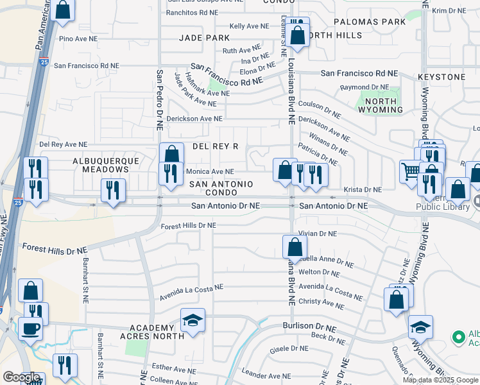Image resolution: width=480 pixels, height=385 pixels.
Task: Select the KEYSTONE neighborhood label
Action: [x=441, y=77]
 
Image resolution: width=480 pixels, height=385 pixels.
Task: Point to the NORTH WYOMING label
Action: [x=381, y=105]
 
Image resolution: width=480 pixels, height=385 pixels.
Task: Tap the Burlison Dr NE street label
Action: [x=309, y=327]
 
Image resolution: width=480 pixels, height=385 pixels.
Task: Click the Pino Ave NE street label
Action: [x=76, y=39]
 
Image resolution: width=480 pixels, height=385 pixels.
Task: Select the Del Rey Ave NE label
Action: [x=63, y=145]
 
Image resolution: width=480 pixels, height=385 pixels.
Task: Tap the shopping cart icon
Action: [x=410, y=170]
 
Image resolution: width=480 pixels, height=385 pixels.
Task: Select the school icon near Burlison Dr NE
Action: [x=193, y=320]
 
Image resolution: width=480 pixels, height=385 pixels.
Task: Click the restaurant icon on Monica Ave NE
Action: [x=171, y=173]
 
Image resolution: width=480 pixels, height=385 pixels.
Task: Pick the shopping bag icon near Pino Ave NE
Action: [x=63, y=10]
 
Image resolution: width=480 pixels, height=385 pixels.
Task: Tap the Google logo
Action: [x=21, y=377]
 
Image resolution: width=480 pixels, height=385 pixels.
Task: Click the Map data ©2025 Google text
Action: [x=440, y=380]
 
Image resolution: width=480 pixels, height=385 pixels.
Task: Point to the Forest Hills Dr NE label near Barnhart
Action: [x=49, y=247]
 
